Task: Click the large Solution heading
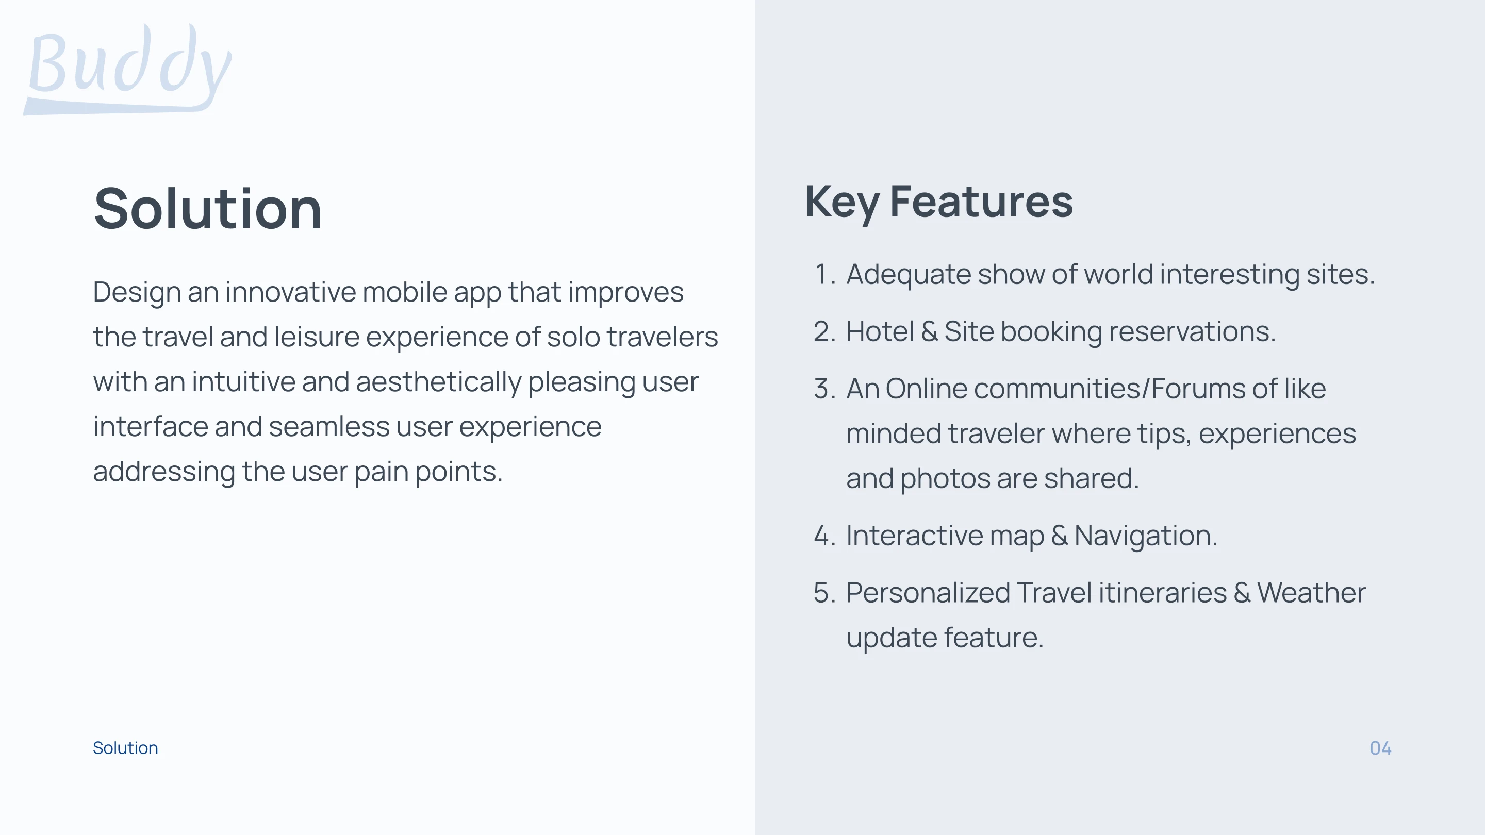[x=207, y=209]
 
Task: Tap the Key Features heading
[x=939, y=203]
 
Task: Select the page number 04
[x=1381, y=748]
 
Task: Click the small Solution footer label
[x=125, y=748]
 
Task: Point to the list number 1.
[x=825, y=274]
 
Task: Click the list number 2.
[x=825, y=332]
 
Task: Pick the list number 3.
[x=825, y=389]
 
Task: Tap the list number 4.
[x=825, y=536]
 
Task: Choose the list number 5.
[x=825, y=593]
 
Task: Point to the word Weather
[x=1311, y=592]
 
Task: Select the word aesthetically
[x=439, y=382]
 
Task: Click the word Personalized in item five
[x=928, y=593]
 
